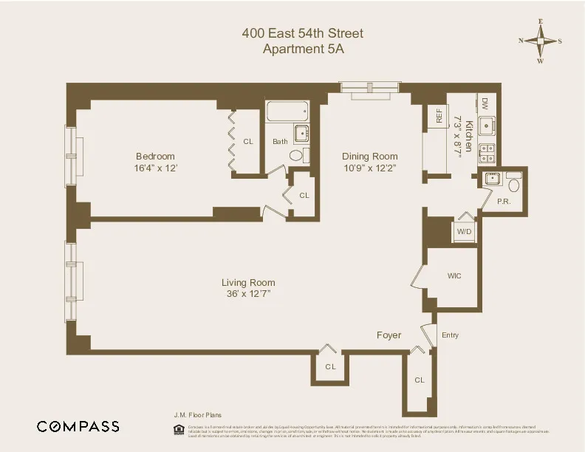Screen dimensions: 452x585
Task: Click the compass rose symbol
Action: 540,41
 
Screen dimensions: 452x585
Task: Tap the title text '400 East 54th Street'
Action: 303,33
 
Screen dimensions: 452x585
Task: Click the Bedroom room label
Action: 155,156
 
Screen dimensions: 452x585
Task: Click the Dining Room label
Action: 369,156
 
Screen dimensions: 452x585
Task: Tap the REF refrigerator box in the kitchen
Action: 438,116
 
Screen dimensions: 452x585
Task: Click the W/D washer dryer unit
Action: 464,231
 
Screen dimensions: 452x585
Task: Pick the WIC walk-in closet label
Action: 454,275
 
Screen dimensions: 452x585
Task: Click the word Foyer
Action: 389,335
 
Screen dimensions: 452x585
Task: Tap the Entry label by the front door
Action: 450,335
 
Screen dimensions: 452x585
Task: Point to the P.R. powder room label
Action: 504,201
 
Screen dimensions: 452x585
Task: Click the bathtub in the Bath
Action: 287,112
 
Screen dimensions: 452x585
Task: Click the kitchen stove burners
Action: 487,152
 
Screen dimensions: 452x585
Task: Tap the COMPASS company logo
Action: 78,426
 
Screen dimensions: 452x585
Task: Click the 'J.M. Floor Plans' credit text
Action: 191,415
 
